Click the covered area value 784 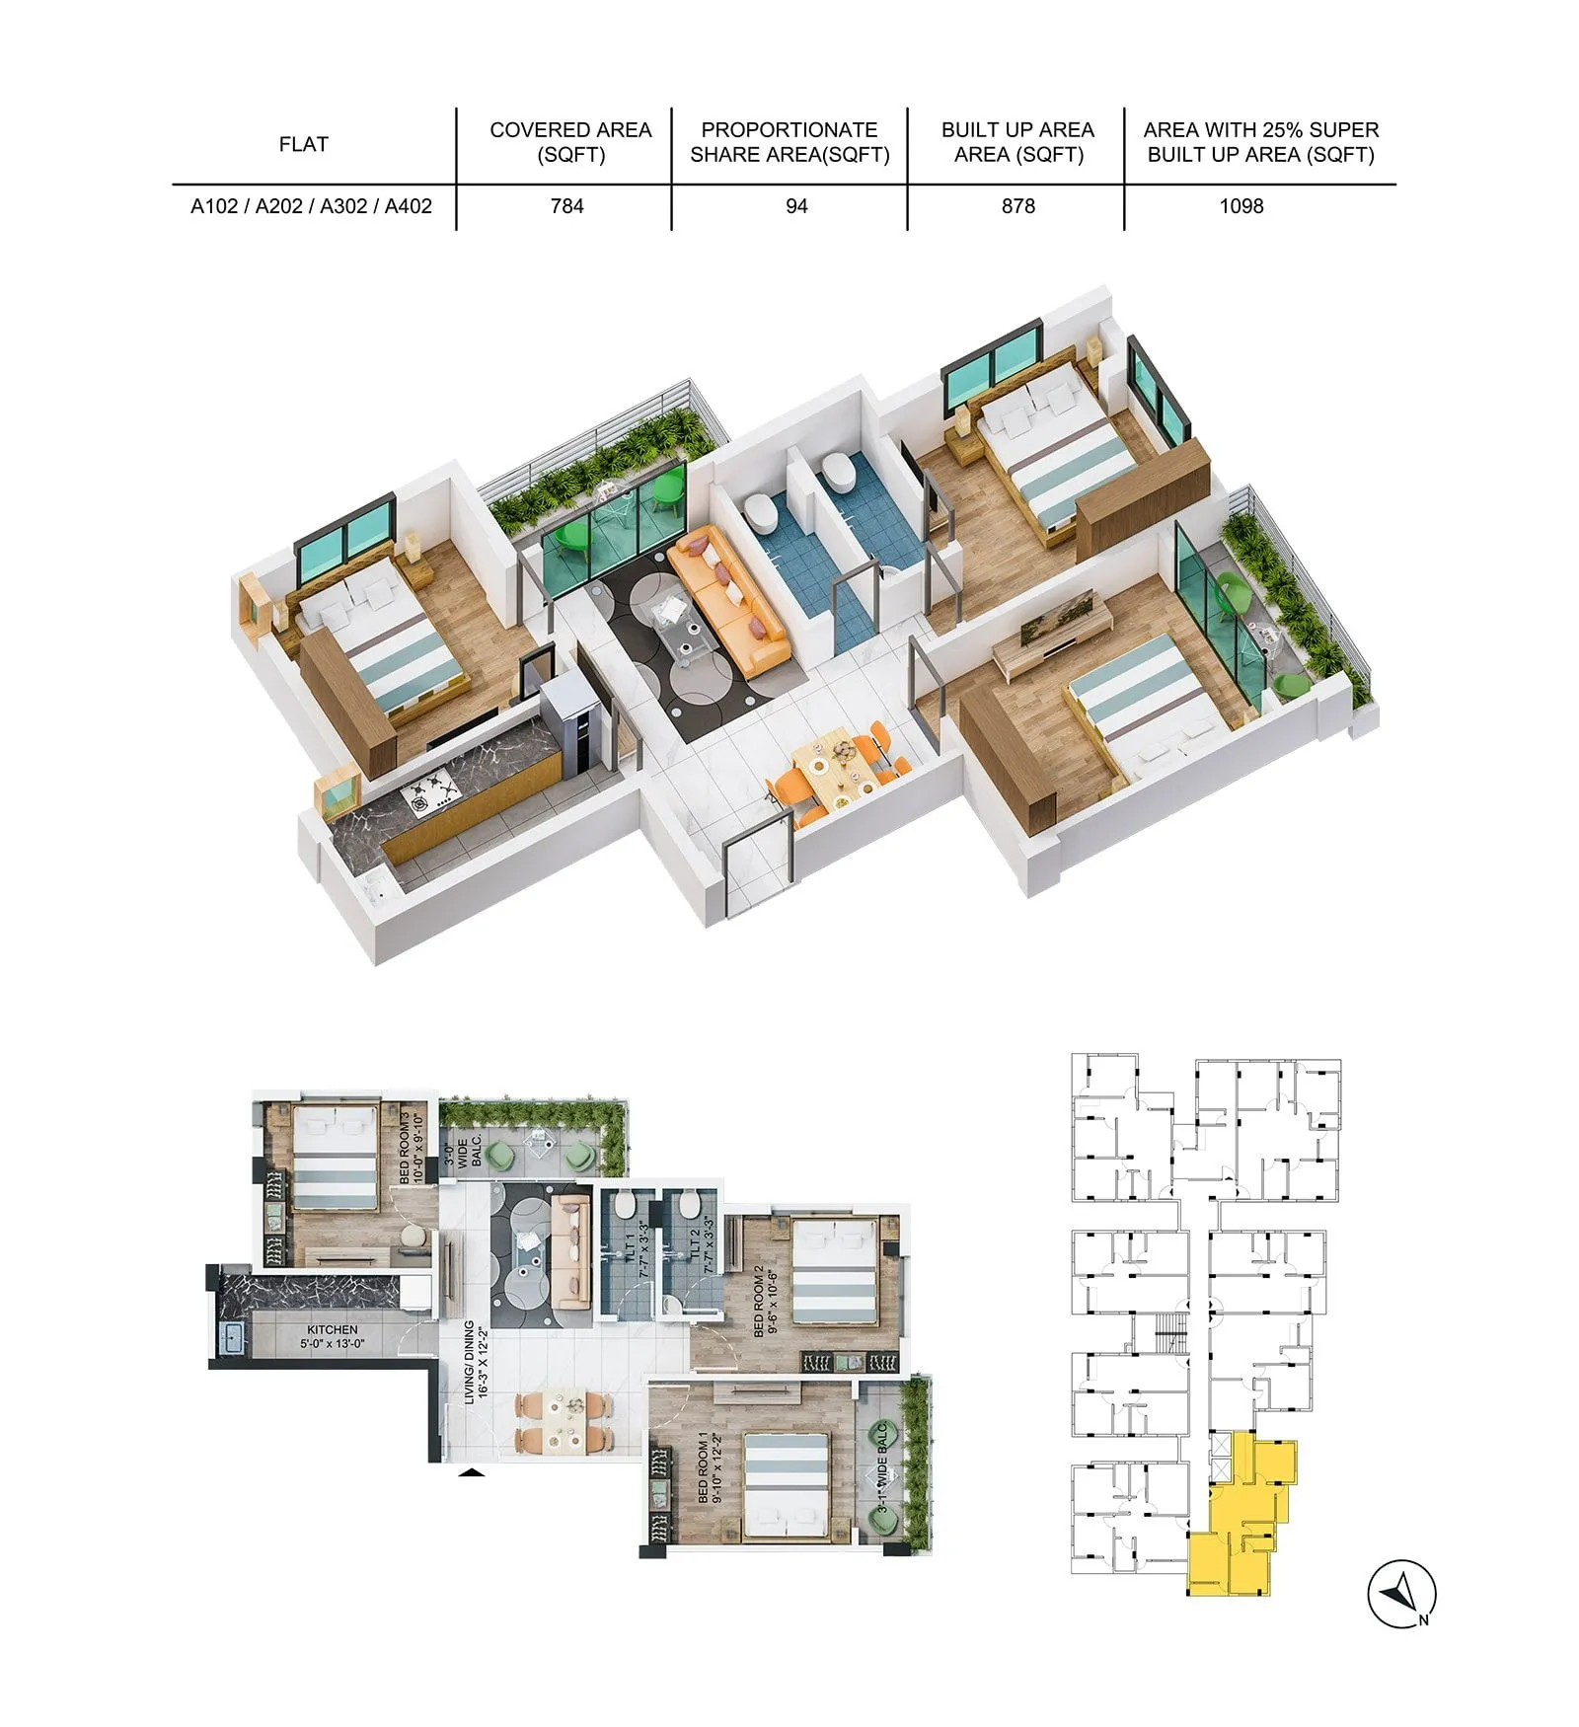[567, 206]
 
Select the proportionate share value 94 [796, 206]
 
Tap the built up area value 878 [1018, 206]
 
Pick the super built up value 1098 [1241, 206]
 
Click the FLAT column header [303, 144]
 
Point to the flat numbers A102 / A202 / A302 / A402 [311, 206]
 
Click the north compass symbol [1400, 1594]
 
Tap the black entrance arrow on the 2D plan [474, 1473]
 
